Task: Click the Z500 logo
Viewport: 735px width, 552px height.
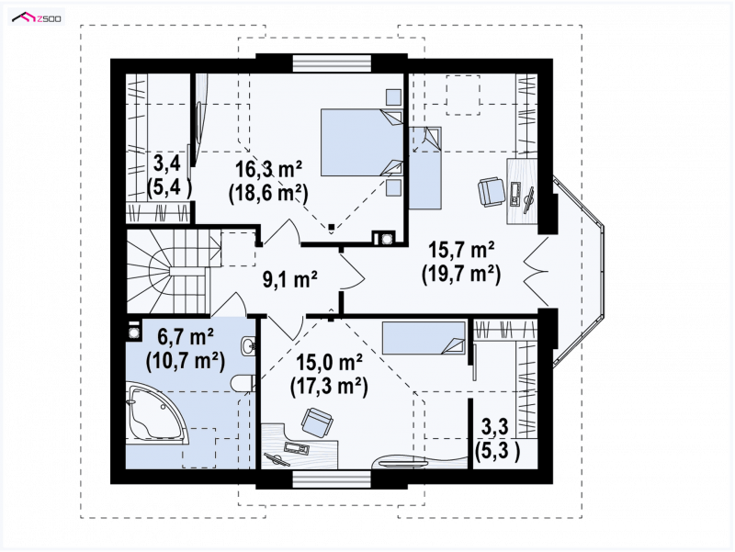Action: (x=37, y=17)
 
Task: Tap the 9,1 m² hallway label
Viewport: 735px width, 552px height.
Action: (x=289, y=279)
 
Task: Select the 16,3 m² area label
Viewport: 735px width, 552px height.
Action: (x=268, y=169)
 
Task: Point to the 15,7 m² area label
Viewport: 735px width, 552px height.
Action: (x=461, y=250)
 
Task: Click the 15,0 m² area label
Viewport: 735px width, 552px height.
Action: (x=329, y=362)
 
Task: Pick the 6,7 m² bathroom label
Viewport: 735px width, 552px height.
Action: (x=186, y=336)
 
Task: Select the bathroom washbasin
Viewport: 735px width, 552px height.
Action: (x=248, y=346)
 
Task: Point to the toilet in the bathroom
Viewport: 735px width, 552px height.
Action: (x=243, y=383)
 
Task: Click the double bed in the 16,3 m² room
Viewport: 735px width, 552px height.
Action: (x=362, y=142)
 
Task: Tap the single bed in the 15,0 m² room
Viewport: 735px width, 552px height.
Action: (x=424, y=337)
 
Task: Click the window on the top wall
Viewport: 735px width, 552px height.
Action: (x=332, y=63)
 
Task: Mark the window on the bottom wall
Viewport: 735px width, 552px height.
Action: (x=332, y=478)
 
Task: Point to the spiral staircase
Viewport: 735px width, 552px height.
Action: (x=169, y=270)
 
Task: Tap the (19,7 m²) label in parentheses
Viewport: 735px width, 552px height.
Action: (x=461, y=274)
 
